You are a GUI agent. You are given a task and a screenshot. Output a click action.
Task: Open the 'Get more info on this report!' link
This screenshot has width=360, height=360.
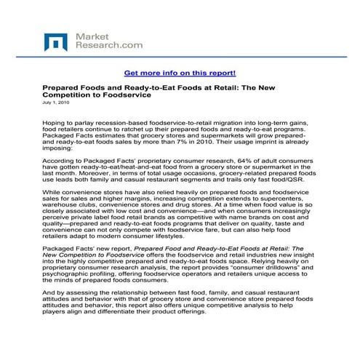click(x=180, y=73)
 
